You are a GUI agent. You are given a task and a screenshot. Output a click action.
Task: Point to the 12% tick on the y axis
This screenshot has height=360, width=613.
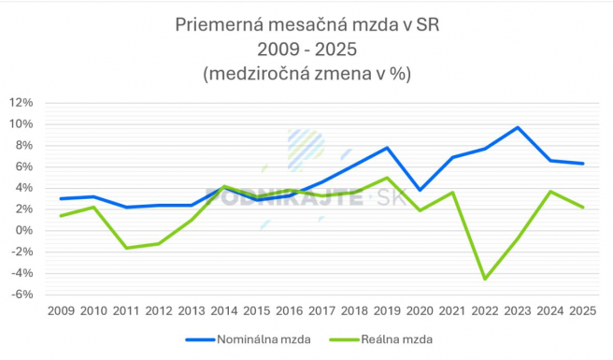coord(22,103)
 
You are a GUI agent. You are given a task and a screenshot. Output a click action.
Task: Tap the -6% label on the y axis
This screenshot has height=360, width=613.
coord(22,295)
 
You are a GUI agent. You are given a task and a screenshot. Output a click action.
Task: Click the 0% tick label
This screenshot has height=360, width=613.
coord(25,231)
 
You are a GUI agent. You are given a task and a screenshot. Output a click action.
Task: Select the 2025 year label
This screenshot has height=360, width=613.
coord(583,310)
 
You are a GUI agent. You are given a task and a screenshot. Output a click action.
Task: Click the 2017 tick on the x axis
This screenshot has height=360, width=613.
coord(321,310)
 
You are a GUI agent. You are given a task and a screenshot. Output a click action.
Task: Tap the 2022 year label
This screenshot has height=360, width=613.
coord(485,310)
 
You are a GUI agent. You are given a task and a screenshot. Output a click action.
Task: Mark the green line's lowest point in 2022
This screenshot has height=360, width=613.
coord(485,279)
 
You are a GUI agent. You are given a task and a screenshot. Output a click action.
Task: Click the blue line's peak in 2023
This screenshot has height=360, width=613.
coord(518,127)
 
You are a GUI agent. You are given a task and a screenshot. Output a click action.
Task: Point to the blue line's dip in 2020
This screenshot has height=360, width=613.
coord(420,190)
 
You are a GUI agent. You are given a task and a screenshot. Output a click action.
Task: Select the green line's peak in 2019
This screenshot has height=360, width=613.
coord(387,178)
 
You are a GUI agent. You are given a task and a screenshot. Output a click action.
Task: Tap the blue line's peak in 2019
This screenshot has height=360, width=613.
coord(387,148)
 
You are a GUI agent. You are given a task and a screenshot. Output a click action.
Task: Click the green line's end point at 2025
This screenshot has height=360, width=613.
coord(583,208)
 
